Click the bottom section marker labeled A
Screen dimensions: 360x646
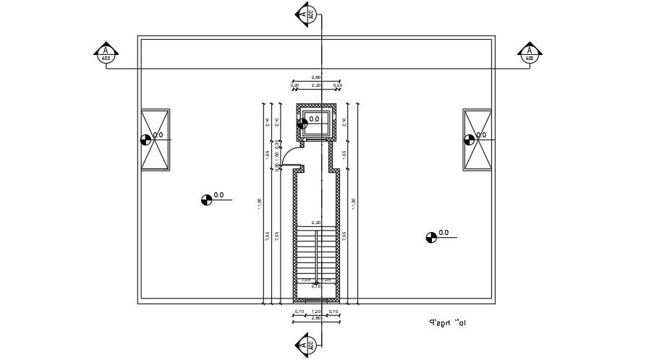coord(307,344)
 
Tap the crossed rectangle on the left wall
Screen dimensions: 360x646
coord(155,140)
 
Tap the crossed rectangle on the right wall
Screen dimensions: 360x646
coord(477,140)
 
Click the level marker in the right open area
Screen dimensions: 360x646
coord(431,236)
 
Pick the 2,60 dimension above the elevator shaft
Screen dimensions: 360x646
coord(316,77)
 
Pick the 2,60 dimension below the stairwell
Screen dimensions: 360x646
coord(316,318)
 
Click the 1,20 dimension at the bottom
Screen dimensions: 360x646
coord(316,312)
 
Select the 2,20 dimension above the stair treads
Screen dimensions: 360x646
coord(316,223)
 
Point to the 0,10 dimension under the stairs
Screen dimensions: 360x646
coord(316,286)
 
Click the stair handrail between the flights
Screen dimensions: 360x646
coord(316,253)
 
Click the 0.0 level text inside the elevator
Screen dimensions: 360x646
coord(315,119)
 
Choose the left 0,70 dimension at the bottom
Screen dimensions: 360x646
coord(299,312)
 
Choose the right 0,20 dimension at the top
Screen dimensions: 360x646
coord(337,85)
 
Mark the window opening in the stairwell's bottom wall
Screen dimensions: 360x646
coord(316,300)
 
